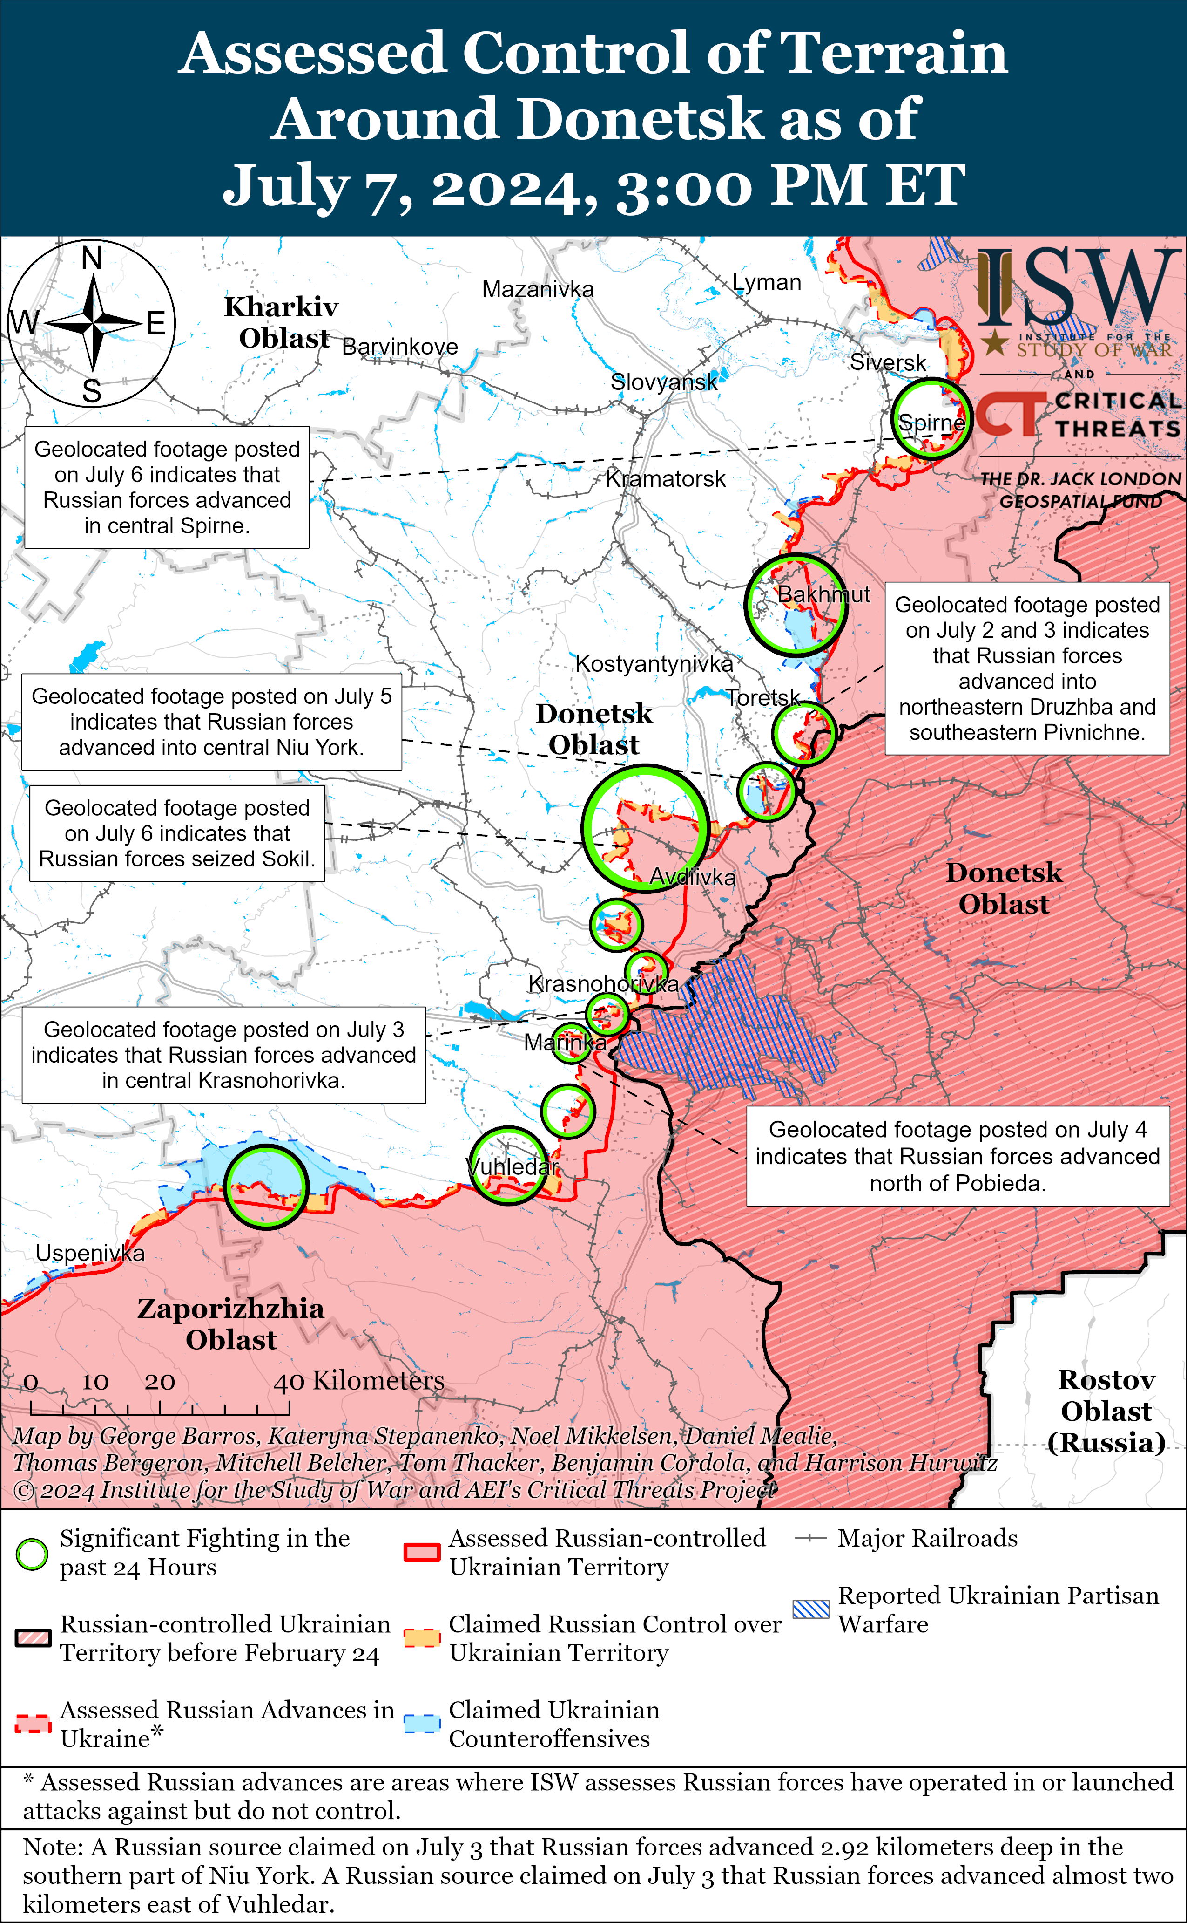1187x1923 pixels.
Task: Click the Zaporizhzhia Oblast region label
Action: pyautogui.click(x=231, y=1323)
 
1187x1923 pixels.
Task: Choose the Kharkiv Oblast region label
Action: pyautogui.click(x=282, y=322)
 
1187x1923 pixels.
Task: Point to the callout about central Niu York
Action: pyautogui.click(x=211, y=721)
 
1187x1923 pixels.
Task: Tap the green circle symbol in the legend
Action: pyautogui.click(x=32, y=1554)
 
